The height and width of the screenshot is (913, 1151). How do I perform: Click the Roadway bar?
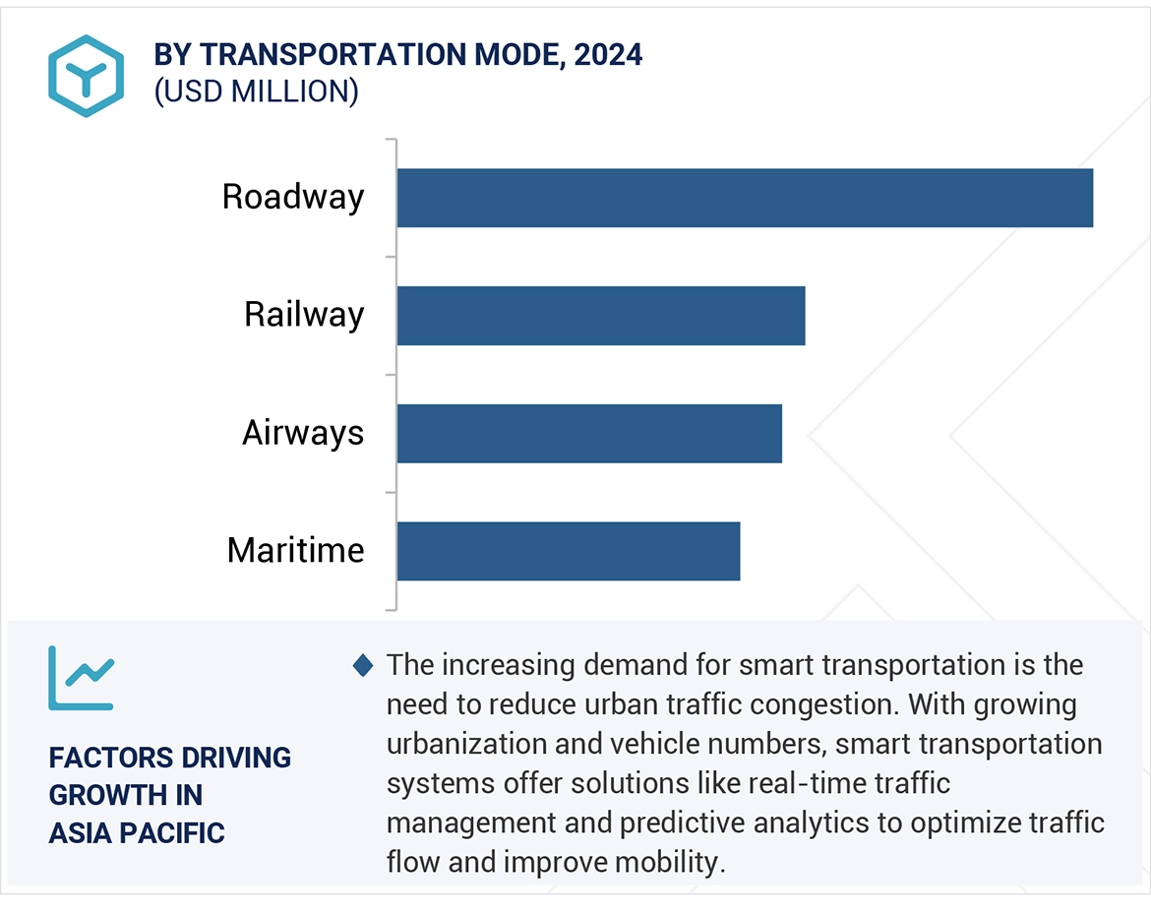(x=745, y=198)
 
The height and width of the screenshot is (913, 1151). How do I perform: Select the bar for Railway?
(x=601, y=316)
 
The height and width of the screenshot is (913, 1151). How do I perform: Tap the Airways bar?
(x=589, y=434)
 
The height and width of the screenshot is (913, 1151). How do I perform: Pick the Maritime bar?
(x=569, y=551)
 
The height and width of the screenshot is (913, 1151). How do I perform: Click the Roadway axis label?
(x=293, y=197)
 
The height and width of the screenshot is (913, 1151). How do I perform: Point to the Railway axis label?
(x=304, y=315)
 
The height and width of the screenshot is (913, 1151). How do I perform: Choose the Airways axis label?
(x=303, y=433)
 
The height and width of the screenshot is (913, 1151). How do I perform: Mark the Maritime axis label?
(x=295, y=550)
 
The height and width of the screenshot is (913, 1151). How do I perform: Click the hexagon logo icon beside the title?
(x=87, y=76)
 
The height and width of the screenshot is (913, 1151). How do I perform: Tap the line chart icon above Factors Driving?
(x=82, y=679)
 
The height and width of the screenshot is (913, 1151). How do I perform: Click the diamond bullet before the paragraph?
(x=363, y=666)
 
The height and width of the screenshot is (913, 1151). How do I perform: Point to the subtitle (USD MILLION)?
(x=256, y=91)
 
